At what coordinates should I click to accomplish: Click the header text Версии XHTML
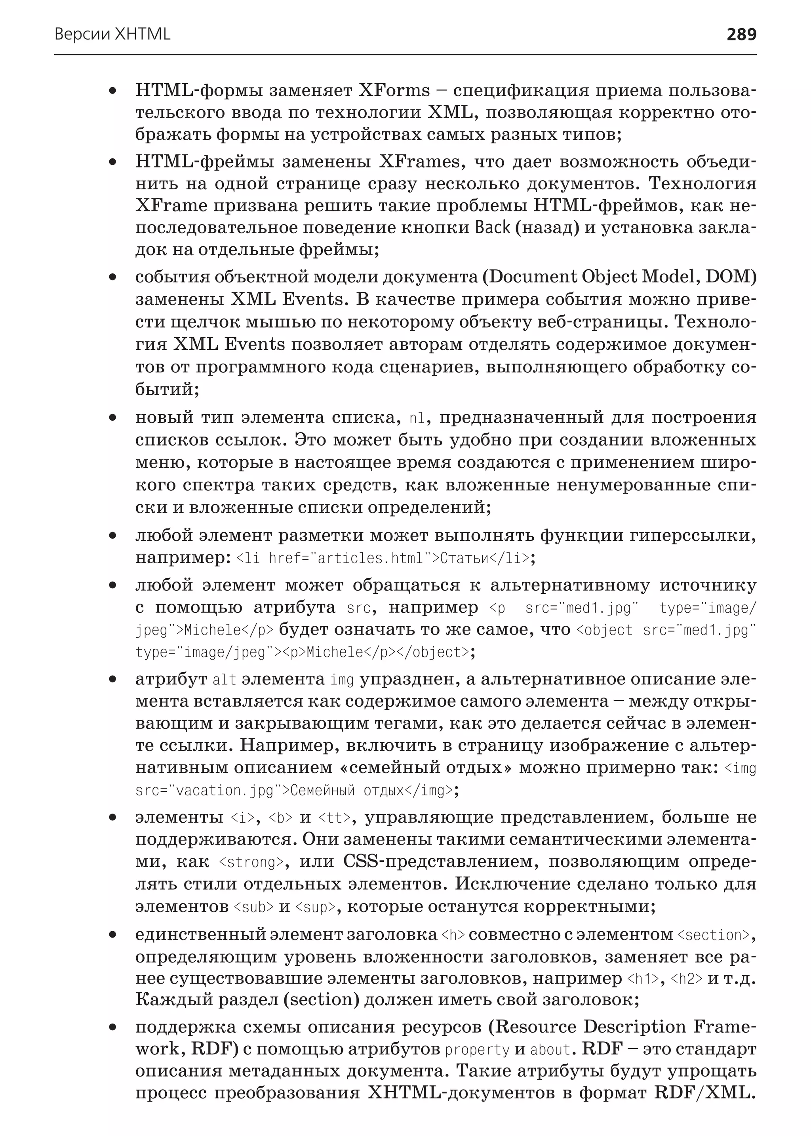112,34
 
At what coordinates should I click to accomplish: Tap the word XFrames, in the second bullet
419,162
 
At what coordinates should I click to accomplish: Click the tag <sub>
254,907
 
